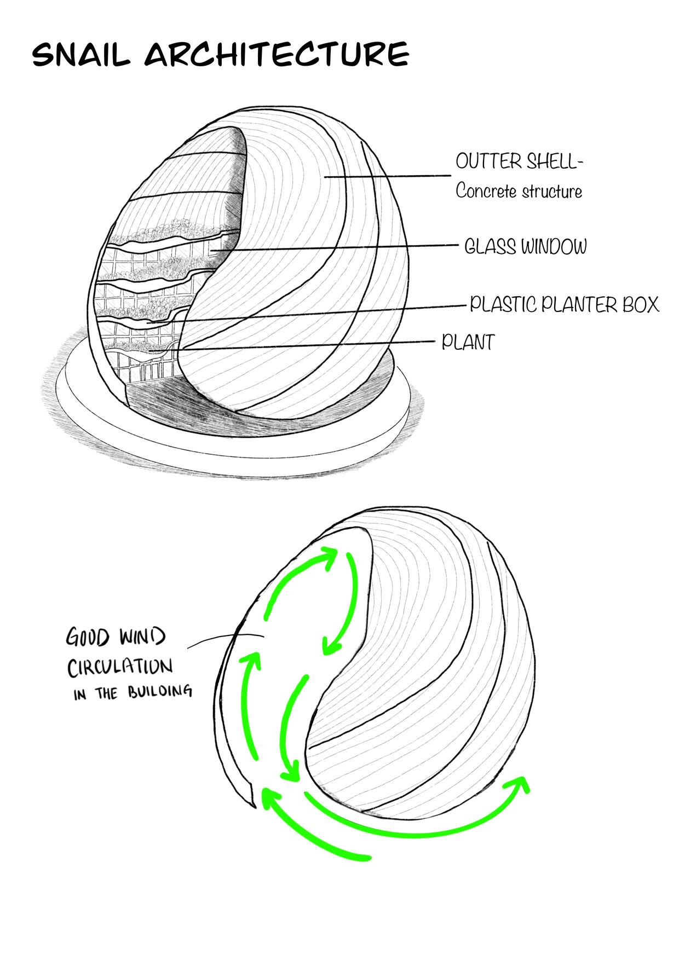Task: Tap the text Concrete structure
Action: [x=519, y=192]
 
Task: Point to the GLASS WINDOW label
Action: [x=525, y=247]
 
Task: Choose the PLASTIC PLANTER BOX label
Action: [x=564, y=304]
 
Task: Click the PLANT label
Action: [x=468, y=343]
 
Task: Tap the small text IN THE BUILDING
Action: [x=133, y=692]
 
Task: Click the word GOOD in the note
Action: [x=90, y=638]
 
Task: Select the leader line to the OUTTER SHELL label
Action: [x=383, y=176]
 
